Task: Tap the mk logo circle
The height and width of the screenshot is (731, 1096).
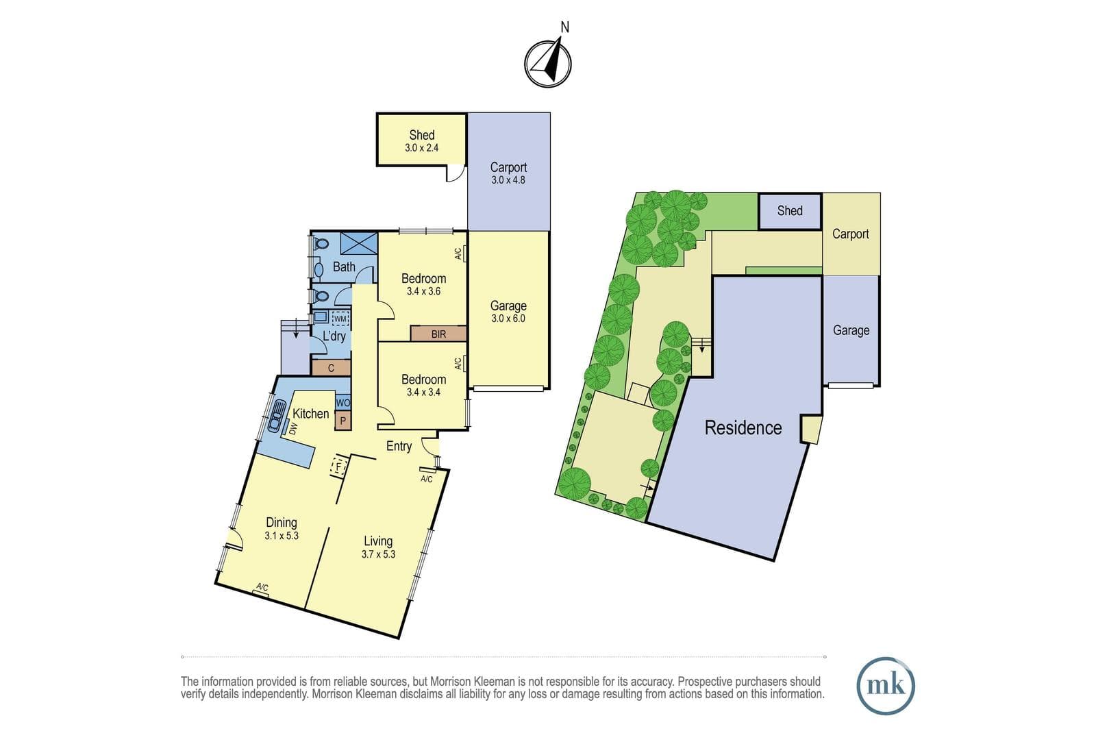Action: click(886, 686)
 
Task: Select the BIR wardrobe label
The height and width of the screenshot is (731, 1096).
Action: click(438, 334)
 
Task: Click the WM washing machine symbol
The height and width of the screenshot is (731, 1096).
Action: click(340, 319)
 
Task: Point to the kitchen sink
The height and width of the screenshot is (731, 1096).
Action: click(277, 416)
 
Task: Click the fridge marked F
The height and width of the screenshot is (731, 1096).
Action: click(338, 467)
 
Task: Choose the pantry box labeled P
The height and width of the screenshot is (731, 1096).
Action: click(343, 420)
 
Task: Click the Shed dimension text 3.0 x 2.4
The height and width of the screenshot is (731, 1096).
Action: click(422, 148)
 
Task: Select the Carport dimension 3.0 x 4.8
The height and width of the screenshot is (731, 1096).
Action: click(508, 180)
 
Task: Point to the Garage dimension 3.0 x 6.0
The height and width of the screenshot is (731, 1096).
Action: click(508, 319)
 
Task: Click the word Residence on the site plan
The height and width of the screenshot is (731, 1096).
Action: click(743, 428)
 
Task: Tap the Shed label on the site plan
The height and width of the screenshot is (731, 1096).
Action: click(790, 211)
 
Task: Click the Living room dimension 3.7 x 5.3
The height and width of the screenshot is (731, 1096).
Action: click(378, 554)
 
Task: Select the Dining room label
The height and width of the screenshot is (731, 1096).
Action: click(282, 523)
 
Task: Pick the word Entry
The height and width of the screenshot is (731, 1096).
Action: click(399, 446)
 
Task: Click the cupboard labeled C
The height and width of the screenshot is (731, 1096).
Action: click(332, 368)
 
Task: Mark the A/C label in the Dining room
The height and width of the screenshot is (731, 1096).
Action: click(262, 587)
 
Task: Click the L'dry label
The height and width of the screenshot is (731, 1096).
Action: click(334, 336)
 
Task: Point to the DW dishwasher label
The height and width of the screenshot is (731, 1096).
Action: click(293, 429)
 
